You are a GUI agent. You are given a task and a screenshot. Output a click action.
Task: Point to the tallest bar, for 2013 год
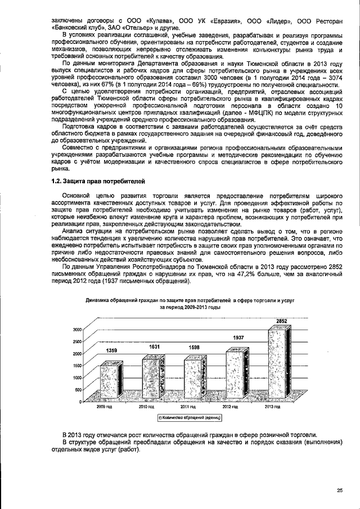[x=279, y=364]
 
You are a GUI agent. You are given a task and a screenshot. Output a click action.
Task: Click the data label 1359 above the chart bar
[x=112, y=350]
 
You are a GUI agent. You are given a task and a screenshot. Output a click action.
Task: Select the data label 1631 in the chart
[x=154, y=347]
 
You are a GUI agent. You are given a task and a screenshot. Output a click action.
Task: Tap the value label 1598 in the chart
[x=194, y=348]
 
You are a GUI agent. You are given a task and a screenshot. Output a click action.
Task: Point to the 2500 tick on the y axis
[x=77, y=341]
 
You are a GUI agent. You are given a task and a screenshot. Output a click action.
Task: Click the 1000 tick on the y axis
[x=77, y=377]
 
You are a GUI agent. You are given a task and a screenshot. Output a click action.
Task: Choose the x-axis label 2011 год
[x=188, y=406]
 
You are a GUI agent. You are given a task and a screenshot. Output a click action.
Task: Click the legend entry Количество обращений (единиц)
[x=190, y=417]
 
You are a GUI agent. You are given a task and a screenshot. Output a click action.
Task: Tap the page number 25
[x=339, y=490]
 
